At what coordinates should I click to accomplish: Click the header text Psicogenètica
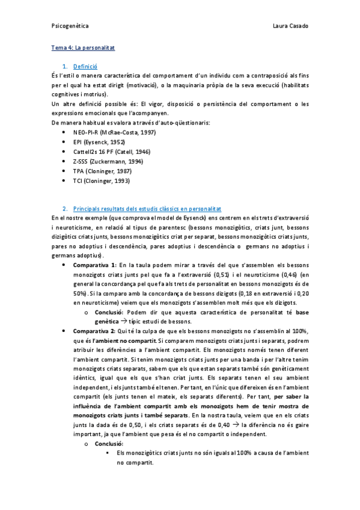pyautogui.click(x=69, y=27)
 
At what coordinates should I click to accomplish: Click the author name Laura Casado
pyautogui.click(x=290, y=27)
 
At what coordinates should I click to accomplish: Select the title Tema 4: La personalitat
pyautogui.click(x=82, y=46)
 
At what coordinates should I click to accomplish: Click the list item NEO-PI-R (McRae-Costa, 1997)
pyautogui.click(x=110, y=132)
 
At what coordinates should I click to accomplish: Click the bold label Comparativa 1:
pyautogui.click(x=94, y=265)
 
